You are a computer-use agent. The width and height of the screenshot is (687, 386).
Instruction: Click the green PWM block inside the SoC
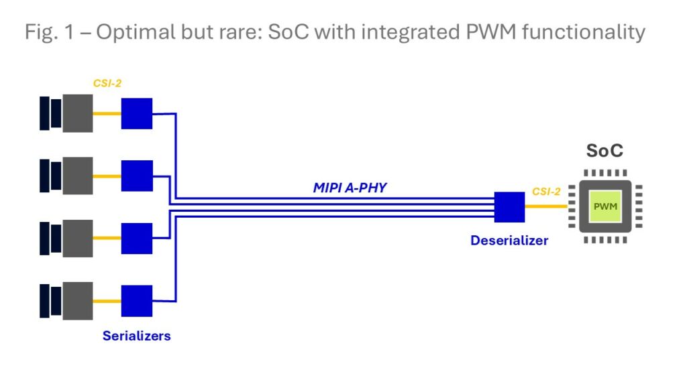pyautogui.click(x=605, y=206)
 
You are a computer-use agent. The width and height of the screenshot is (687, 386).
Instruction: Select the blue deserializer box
pyautogui.click(x=509, y=207)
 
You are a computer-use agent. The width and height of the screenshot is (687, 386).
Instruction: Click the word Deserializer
pyautogui.click(x=509, y=240)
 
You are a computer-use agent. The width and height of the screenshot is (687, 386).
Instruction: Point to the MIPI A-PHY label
pyautogui.click(x=350, y=188)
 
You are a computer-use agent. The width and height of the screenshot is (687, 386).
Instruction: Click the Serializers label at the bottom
pyautogui.click(x=136, y=336)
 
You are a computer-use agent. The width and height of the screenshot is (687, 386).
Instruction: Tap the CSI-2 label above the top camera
pyautogui.click(x=107, y=84)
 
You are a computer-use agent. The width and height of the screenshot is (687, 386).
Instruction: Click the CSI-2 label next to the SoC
pyautogui.click(x=546, y=192)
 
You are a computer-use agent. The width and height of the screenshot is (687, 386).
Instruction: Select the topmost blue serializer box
pyautogui.click(x=137, y=113)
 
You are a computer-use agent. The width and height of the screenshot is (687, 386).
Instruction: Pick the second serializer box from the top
pyautogui.click(x=137, y=176)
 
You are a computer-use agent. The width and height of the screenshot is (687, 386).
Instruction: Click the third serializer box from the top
pyautogui.click(x=137, y=238)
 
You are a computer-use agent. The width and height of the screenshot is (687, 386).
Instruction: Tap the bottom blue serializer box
pyautogui.click(x=137, y=300)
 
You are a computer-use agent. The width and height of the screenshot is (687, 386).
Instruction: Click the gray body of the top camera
pyautogui.click(x=78, y=113)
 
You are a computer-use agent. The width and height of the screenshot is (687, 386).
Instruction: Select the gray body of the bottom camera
pyautogui.click(x=78, y=300)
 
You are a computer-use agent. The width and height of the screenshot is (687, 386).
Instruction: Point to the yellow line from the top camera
pyautogui.click(x=107, y=113)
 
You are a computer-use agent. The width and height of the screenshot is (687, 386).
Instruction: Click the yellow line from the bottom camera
pyautogui.click(x=107, y=300)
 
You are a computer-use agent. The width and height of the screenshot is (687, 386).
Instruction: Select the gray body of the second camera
pyautogui.click(x=78, y=176)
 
